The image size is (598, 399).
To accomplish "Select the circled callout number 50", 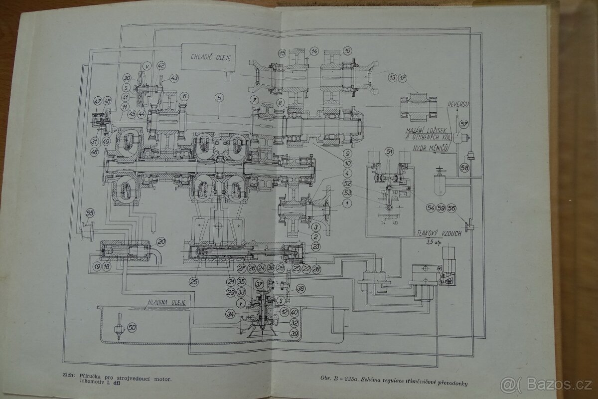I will point(132,327).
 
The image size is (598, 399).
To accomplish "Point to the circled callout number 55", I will point(90,213).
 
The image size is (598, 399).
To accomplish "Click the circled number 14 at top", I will point(314,51).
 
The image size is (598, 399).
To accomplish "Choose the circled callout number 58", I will point(464,168).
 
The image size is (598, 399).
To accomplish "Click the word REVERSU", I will point(458,104).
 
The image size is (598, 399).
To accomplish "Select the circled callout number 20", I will point(161,241).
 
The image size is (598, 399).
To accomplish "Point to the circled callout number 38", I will point(300,288).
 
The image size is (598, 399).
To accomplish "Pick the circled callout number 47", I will point(97,103).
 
